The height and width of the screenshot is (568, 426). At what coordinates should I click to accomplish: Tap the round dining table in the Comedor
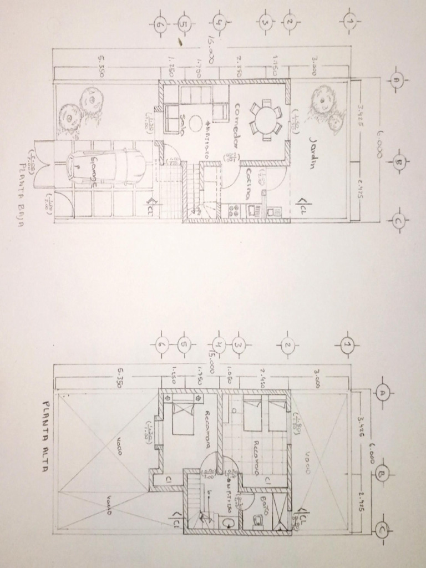coord(265,118)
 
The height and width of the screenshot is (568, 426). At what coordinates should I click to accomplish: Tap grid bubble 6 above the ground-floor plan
coord(161,24)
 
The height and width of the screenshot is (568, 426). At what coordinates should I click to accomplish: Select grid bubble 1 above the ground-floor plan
coord(349,22)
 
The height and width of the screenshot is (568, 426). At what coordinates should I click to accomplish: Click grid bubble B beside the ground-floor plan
coord(399,162)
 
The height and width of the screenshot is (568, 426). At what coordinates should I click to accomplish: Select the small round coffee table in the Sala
coord(195,122)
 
